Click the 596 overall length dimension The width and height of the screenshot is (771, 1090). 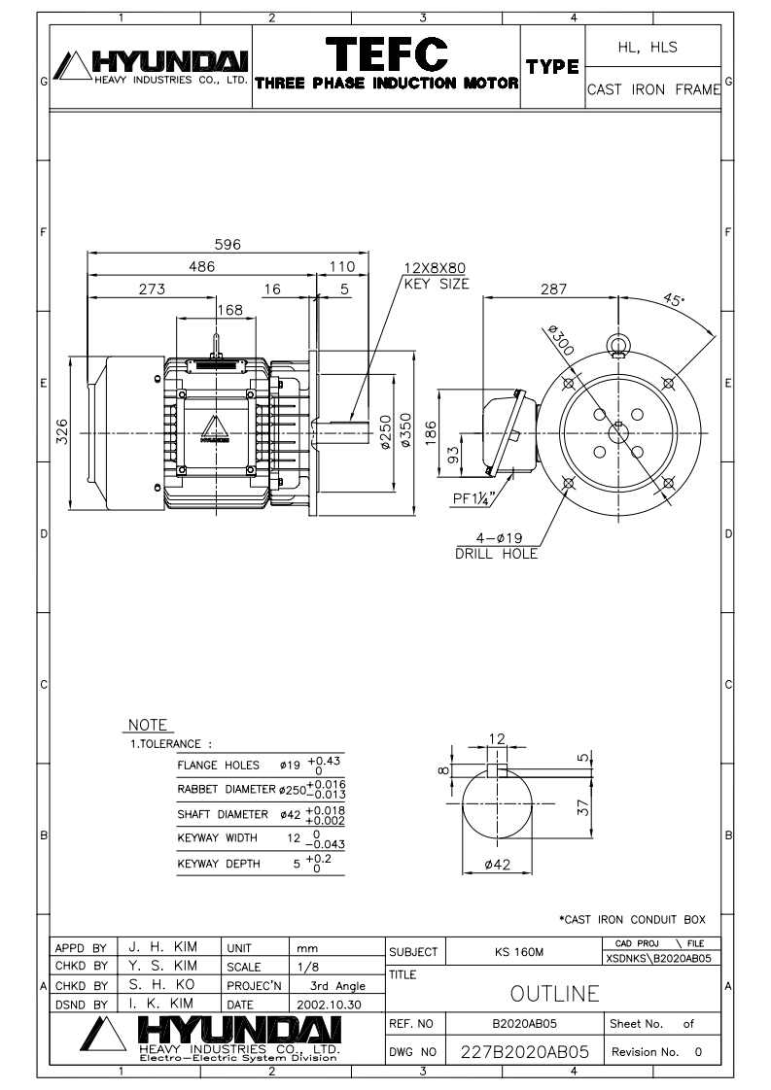228,245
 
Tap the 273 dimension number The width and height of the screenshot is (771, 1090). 151,289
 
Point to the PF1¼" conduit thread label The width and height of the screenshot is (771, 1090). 476,500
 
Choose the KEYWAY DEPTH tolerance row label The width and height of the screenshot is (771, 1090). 217,863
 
